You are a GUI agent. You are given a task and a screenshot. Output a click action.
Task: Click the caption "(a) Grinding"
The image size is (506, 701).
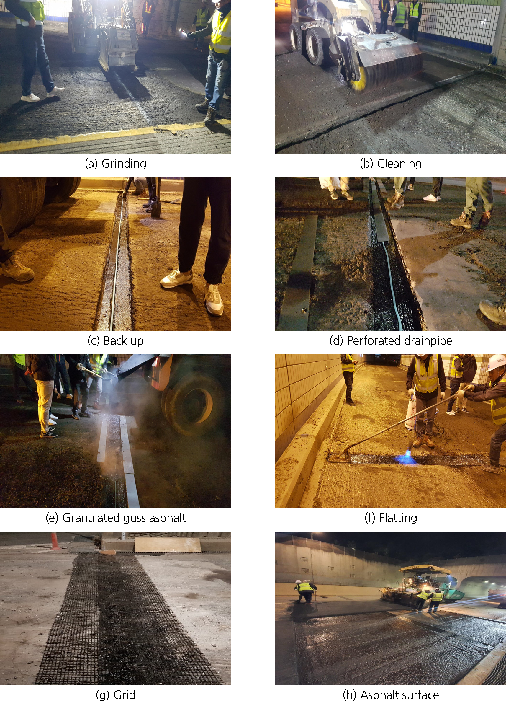point(116,164)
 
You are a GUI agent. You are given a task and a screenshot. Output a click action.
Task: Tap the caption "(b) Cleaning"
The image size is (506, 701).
point(391,164)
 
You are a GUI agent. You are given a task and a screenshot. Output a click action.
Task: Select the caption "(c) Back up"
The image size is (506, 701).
point(116,341)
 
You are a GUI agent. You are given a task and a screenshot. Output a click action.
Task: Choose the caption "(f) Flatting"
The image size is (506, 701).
point(391,518)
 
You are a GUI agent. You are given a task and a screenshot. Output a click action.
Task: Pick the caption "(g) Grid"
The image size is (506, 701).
point(116,695)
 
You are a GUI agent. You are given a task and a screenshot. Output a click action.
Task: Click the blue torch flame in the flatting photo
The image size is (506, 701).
point(406,459)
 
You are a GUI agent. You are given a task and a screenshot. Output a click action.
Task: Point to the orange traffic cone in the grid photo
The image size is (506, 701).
point(55,541)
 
